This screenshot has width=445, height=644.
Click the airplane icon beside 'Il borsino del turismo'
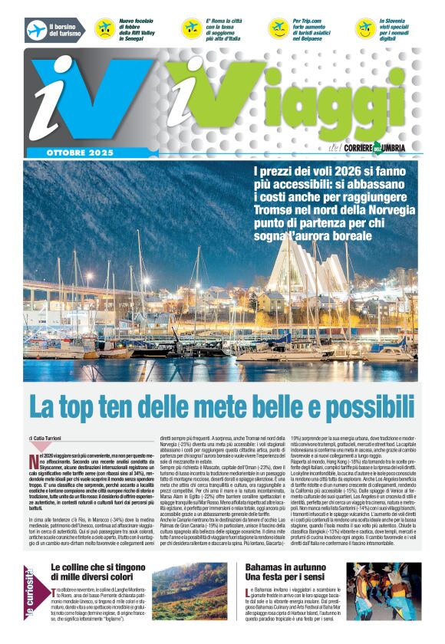[x=37, y=29]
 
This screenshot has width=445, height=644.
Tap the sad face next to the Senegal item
[x=104, y=29]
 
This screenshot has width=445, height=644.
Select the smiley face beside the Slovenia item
[x=366, y=29]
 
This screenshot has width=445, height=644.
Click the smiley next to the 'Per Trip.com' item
[x=279, y=29]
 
